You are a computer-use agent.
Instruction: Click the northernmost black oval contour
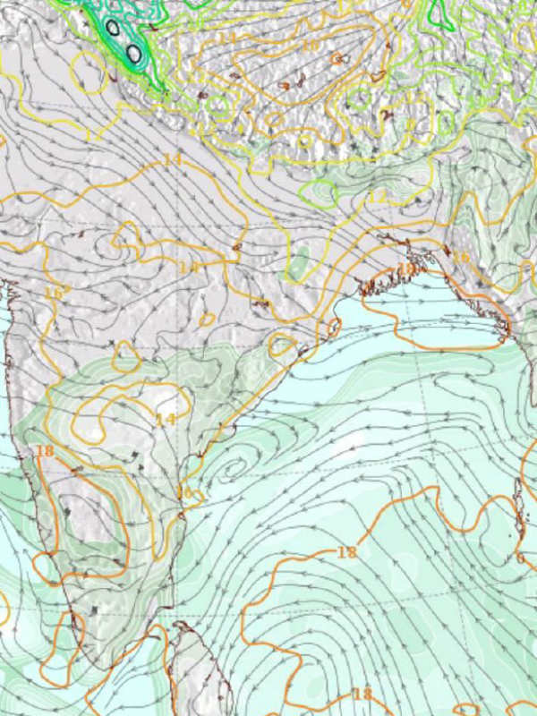coord(113,28)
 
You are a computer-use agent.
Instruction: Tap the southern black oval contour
coord(133,54)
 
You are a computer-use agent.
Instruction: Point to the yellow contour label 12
coord(378,195)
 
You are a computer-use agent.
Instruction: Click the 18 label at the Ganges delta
coord(405,268)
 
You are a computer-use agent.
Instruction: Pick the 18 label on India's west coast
coord(45,450)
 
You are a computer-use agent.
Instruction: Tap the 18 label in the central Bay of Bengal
coord(346,552)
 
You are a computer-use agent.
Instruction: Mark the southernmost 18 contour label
coord(362,694)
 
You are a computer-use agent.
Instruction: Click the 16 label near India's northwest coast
coord(54,293)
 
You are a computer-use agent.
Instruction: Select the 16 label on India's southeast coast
coord(185,492)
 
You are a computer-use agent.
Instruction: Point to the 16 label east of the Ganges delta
coord(461,258)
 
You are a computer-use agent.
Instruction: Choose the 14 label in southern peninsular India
coord(166,419)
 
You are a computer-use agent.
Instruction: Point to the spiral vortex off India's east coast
coord(234,465)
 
